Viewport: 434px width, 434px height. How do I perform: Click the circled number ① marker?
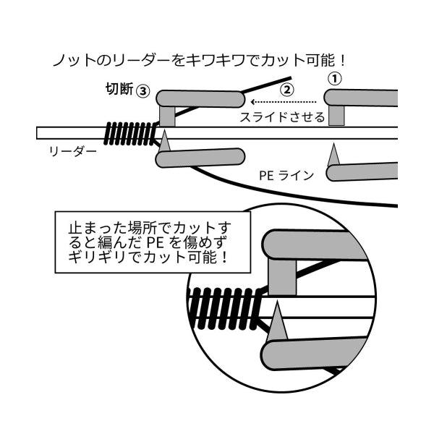[335, 79]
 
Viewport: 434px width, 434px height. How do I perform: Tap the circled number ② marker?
[286, 90]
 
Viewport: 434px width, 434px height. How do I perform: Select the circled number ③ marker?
[143, 91]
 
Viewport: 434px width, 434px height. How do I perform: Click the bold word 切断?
[119, 89]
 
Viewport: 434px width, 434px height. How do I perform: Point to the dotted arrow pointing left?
[283, 102]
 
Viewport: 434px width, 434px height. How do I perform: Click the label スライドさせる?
[282, 117]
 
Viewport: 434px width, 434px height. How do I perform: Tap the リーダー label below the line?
[73, 151]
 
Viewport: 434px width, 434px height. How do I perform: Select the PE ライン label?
[286, 176]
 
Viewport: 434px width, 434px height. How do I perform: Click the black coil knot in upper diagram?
[129, 134]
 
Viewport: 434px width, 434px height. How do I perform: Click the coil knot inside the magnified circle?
[224, 309]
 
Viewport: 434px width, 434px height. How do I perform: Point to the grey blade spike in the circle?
[276, 323]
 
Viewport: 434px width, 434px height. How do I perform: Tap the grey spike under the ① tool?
[333, 155]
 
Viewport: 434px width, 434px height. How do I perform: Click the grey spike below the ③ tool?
[165, 141]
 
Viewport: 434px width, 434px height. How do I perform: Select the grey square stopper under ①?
[336, 116]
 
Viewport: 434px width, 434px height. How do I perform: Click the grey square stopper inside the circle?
[282, 277]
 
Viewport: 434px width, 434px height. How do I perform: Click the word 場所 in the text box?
[145, 228]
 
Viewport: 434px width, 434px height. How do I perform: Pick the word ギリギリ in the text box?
[99, 258]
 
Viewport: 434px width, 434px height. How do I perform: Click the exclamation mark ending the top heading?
[343, 60]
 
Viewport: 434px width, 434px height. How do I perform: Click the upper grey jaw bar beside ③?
[200, 99]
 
